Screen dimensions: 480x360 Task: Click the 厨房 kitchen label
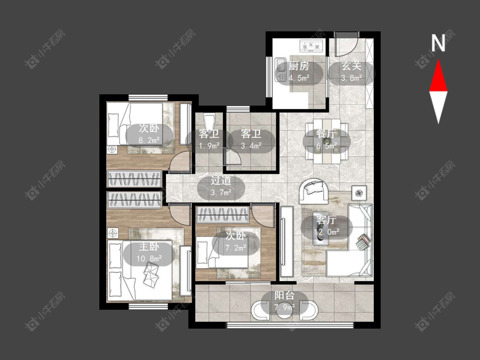click(x=299, y=66)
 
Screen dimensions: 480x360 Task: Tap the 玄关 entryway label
click(x=352, y=66)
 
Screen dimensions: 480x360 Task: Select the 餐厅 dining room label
click(x=326, y=134)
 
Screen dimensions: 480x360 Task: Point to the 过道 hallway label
click(x=221, y=180)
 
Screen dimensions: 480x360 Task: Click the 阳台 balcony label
click(x=285, y=296)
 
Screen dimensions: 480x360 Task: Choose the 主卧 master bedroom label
click(x=149, y=247)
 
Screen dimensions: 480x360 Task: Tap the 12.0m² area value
click(x=327, y=232)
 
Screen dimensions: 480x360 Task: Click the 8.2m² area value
click(x=149, y=140)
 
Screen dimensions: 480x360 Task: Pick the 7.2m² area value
click(x=236, y=248)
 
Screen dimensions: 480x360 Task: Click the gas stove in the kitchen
click(x=312, y=46)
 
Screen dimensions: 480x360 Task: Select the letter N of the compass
click(x=438, y=43)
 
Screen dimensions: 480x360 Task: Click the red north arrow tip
click(x=438, y=59)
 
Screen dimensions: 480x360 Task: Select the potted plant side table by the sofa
click(x=358, y=193)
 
